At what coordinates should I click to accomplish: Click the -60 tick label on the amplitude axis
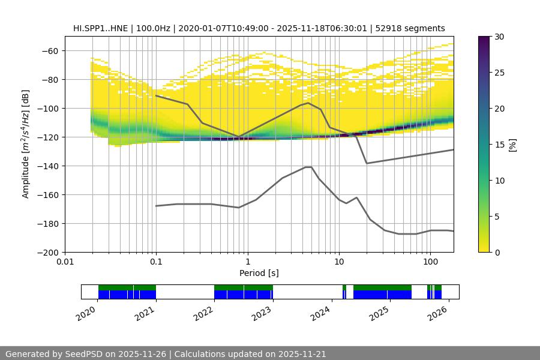pos(50,51)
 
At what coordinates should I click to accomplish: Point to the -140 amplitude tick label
pos(47,166)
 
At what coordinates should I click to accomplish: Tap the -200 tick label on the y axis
pos(47,253)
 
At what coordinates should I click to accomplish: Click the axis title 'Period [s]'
pos(259,273)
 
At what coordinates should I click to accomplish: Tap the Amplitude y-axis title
pos(26,144)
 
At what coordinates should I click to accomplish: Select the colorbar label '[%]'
pos(512,144)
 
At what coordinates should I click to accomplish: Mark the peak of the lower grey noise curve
pos(308,167)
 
